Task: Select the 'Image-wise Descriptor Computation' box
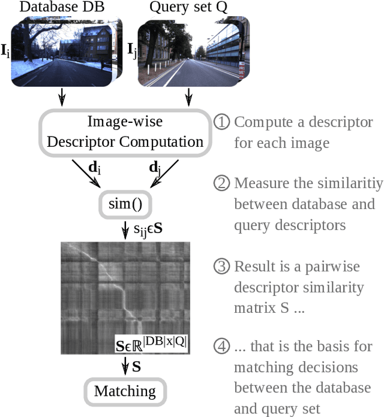125,132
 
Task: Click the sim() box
125,205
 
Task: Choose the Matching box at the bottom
125,391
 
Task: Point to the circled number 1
221,122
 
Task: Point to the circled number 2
221,183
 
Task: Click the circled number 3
221,266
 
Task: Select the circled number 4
221,346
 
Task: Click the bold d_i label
94,168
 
